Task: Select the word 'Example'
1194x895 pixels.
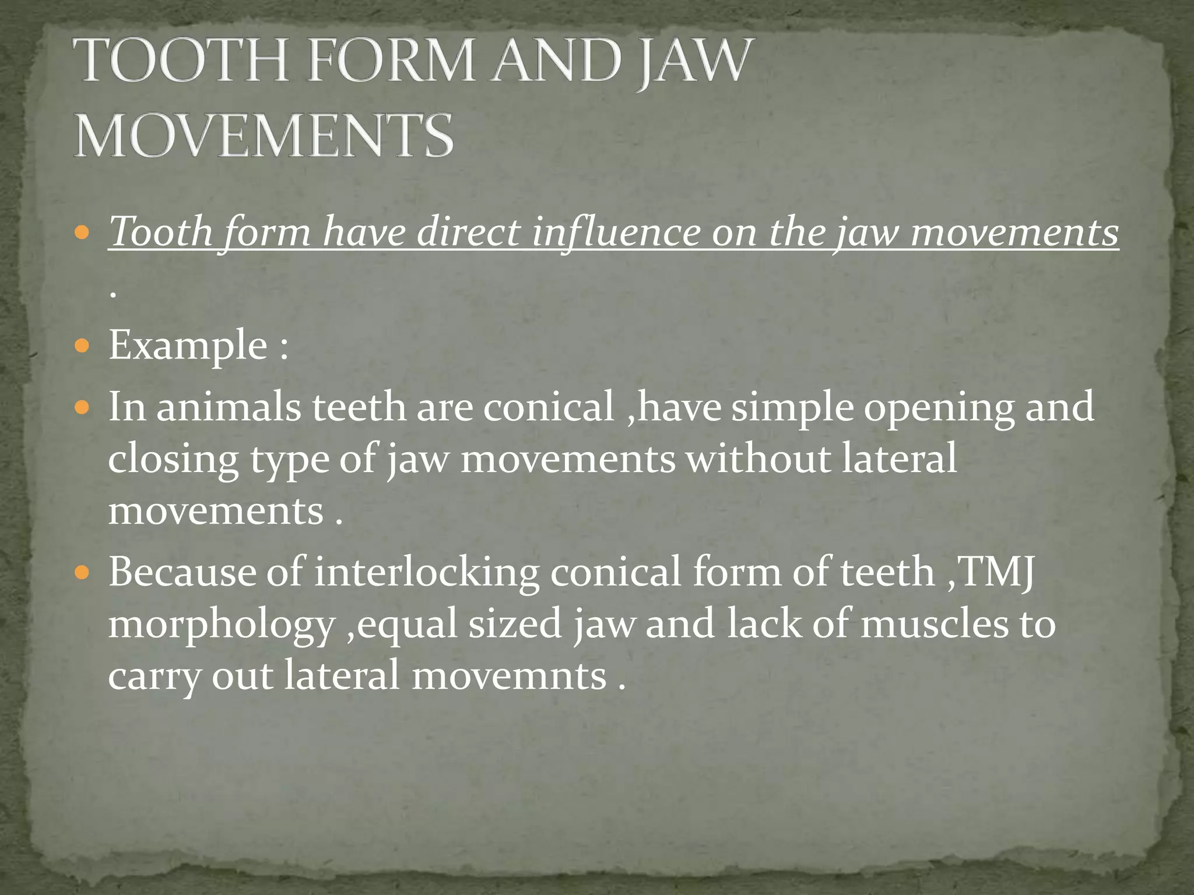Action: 188,346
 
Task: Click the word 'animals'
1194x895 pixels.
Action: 229,407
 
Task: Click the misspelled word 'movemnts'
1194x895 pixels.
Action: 509,676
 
